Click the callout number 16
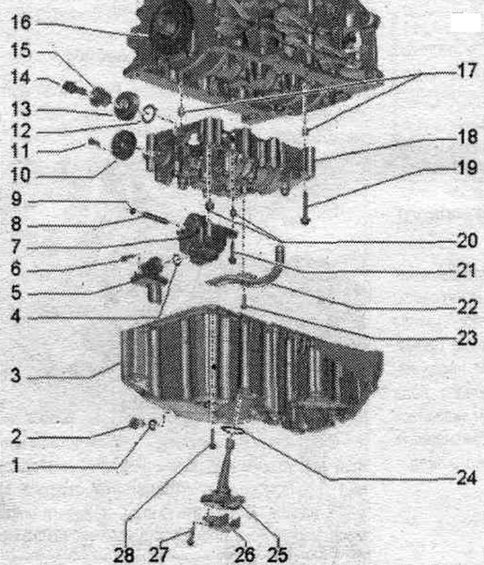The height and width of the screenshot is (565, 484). point(21,22)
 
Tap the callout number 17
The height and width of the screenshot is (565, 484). point(467,71)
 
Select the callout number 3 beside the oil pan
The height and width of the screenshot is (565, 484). point(15,375)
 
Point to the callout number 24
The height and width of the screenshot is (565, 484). point(467,478)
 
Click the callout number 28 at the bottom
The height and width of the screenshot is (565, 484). point(124,555)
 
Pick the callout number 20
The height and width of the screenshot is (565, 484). point(467,241)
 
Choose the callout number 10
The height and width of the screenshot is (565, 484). point(21,175)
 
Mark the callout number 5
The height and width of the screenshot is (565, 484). point(16,292)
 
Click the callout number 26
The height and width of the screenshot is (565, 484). point(245,555)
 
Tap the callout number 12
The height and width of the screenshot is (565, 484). point(21,131)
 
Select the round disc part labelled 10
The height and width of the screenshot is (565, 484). point(123,145)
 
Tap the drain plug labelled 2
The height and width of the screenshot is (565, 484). point(134,423)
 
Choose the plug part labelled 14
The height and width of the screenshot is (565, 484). point(72,87)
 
